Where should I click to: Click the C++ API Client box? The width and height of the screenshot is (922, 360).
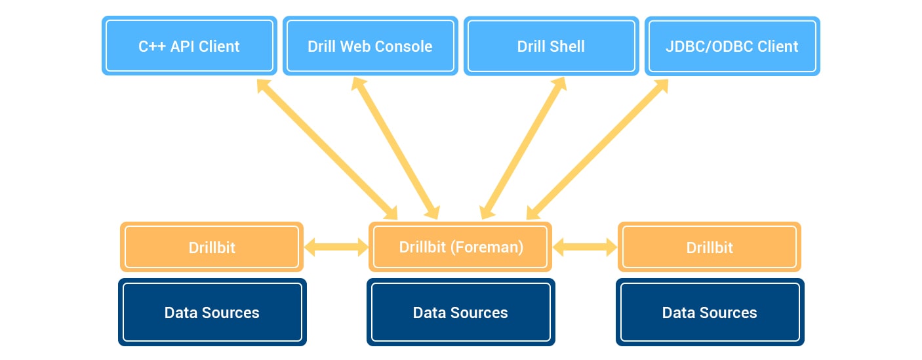(190, 46)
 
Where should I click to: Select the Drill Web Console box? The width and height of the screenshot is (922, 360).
(370, 46)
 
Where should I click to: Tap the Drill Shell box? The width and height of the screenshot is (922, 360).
(551, 46)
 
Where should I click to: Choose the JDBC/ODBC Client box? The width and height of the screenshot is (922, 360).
(732, 46)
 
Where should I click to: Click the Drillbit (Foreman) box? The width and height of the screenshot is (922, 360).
(460, 247)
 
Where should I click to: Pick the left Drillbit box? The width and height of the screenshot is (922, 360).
(212, 247)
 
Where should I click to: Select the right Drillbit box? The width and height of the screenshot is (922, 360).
(709, 247)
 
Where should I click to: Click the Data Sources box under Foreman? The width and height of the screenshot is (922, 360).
(460, 312)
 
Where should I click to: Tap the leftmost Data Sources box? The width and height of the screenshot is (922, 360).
(212, 312)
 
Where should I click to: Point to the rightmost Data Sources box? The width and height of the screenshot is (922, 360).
(710, 312)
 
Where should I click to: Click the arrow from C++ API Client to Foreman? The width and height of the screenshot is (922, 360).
(327, 150)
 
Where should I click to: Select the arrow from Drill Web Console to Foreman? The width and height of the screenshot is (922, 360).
(395, 148)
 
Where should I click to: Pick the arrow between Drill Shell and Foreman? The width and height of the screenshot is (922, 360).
(523, 148)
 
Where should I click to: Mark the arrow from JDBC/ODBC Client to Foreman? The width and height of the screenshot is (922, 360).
(597, 150)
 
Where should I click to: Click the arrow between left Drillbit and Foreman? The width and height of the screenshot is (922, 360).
(336, 247)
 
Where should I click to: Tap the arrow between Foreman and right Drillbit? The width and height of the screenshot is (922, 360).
(585, 247)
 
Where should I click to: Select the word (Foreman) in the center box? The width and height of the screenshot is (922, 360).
(487, 247)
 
